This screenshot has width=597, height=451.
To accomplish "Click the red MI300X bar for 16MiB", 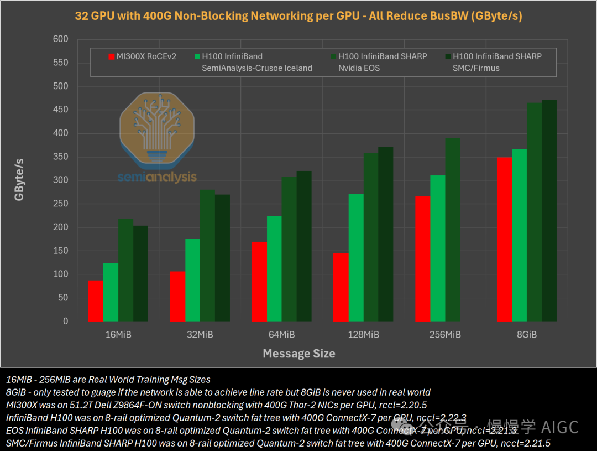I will [96, 300].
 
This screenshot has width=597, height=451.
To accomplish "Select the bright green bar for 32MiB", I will [193, 280].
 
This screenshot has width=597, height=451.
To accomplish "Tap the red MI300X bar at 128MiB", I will [341, 287].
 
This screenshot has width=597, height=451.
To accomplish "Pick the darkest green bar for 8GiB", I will [549, 210].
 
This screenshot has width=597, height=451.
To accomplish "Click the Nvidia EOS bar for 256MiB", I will [453, 230].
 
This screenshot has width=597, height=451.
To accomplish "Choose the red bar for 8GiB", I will [505, 239].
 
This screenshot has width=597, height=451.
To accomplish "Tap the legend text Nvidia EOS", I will [359, 68].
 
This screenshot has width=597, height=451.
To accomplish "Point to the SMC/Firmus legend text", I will [476, 68].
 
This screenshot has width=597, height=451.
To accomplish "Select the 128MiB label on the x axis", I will [364, 335].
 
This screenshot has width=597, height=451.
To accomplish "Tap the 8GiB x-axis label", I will [527, 335].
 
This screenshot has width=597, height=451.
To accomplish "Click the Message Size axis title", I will [298, 354].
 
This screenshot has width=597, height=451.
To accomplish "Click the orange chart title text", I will [298, 16].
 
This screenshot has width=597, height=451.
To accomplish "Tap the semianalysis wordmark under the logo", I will [157, 177].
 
